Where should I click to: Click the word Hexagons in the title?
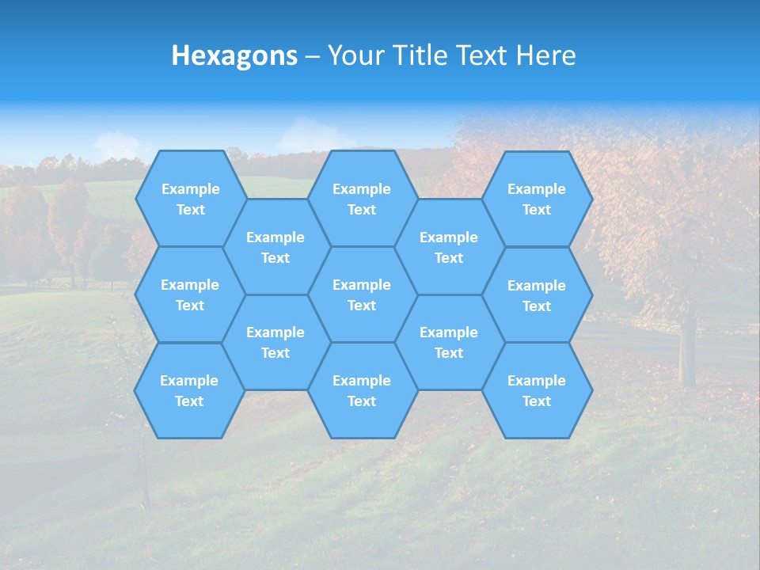point(234,55)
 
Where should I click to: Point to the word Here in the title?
point(545,55)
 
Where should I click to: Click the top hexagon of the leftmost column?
point(190,199)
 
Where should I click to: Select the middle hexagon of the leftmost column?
point(190,294)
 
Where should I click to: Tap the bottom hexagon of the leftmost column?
point(189,390)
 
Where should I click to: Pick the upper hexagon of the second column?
point(275,247)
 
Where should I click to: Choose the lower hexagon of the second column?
point(275,342)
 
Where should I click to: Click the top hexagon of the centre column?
point(362,199)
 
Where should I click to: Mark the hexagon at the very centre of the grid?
point(362,294)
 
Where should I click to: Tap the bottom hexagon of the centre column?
point(362,390)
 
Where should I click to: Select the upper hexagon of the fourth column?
point(449,247)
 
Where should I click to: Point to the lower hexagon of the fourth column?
point(449,342)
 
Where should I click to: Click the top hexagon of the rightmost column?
point(537,199)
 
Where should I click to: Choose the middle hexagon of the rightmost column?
point(537,295)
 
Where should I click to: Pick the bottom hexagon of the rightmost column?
point(537,390)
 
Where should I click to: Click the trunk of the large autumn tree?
point(687,348)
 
